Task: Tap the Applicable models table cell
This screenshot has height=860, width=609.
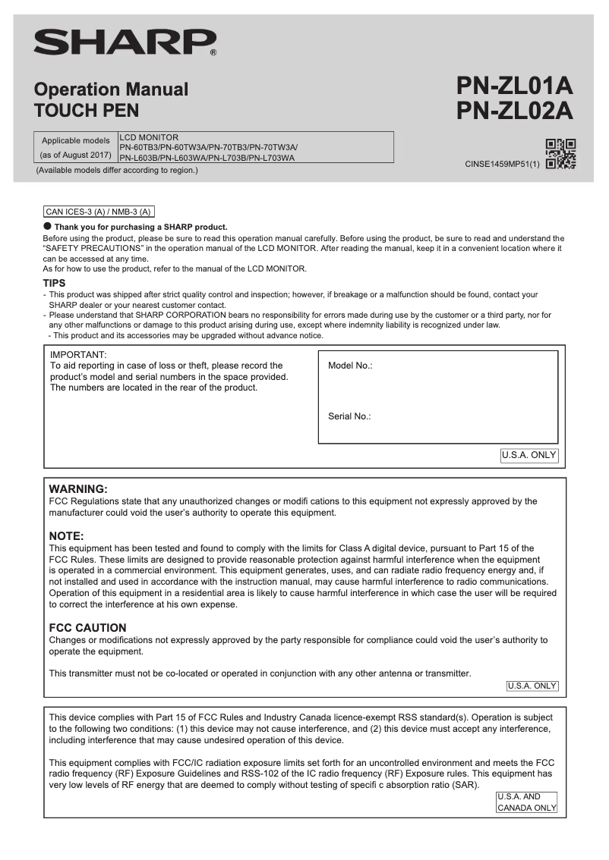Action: (76, 147)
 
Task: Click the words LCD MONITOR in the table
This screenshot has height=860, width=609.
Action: (149, 137)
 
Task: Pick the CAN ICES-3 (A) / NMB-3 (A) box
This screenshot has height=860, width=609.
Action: (99, 212)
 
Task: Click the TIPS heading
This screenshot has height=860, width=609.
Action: (57, 284)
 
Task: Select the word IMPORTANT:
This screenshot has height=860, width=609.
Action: (78, 354)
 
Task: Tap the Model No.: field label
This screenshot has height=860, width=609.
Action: (350, 366)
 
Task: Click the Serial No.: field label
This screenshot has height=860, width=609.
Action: (349, 416)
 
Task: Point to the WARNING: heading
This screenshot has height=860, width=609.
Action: (78, 489)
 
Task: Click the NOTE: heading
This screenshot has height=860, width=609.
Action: (66, 536)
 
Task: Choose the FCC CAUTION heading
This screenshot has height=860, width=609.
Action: (87, 628)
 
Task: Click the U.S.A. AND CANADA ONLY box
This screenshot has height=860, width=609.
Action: (526, 802)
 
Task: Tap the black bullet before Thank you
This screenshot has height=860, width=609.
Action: (47, 226)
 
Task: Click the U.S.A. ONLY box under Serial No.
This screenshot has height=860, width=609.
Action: (529, 456)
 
